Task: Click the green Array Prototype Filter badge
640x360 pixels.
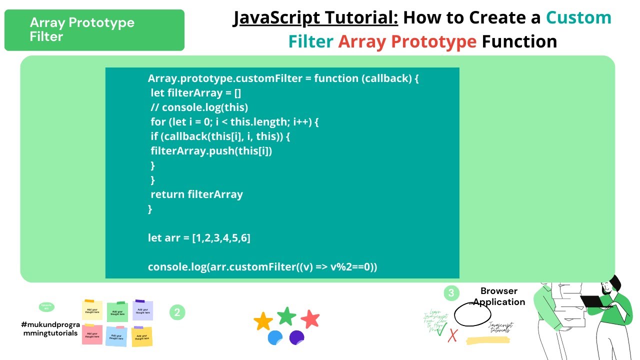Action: tap(94, 30)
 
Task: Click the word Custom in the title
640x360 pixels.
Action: tap(578, 18)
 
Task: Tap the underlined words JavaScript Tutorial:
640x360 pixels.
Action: tap(315, 18)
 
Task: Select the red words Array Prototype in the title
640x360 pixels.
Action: tap(407, 41)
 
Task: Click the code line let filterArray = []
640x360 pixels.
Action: tap(196, 93)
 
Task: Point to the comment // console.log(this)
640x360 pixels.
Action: tap(199, 107)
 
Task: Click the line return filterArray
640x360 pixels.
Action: tap(196, 194)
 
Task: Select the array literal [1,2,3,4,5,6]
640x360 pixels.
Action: tap(221, 238)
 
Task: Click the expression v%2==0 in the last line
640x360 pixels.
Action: tap(352, 267)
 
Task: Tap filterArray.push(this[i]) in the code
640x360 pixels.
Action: tap(211, 151)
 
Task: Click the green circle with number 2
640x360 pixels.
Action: tap(177, 312)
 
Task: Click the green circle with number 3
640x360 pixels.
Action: tap(451, 293)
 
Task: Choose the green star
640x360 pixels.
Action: tap(286, 316)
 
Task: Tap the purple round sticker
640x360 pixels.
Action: tap(296, 337)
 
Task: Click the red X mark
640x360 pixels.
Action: tap(452, 335)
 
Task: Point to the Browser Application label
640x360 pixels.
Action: tap(499, 296)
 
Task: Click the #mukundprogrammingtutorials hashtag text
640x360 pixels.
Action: tap(50, 328)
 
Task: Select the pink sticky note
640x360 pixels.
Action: tap(92, 334)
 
